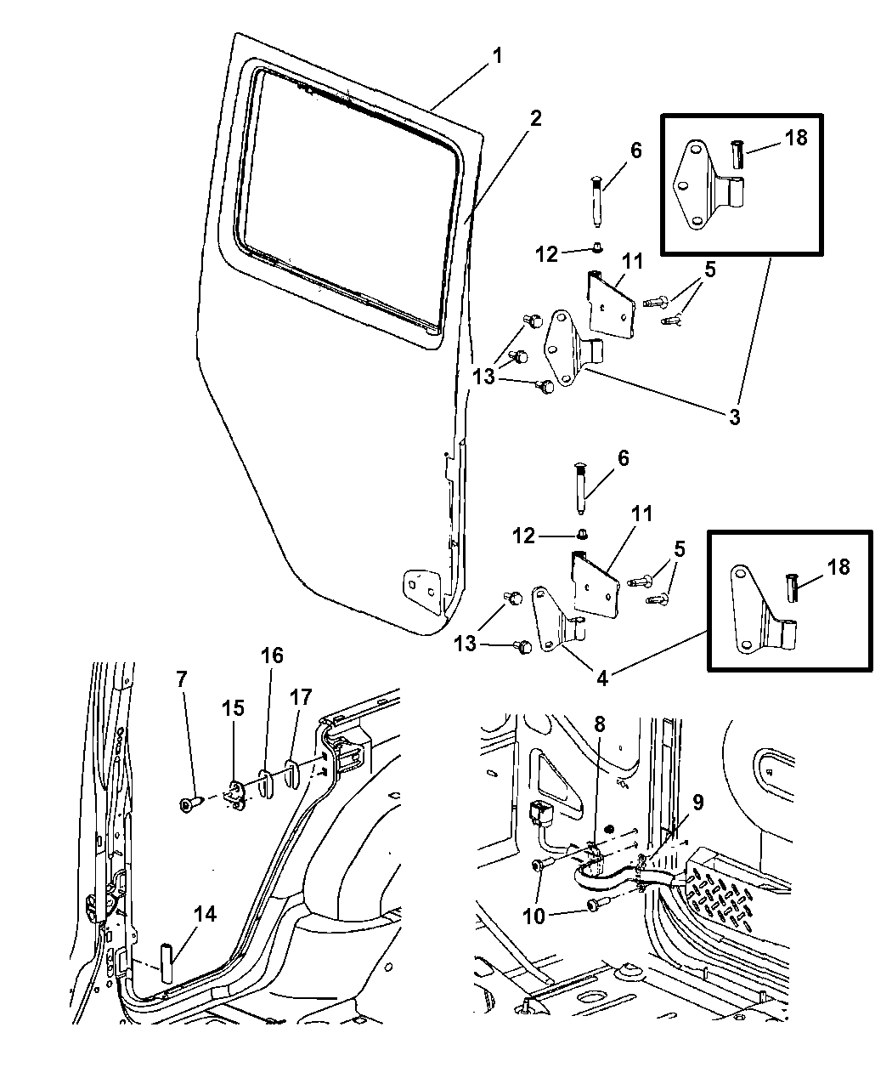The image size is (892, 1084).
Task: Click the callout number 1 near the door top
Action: tap(497, 55)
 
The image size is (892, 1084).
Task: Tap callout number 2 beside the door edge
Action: tap(535, 118)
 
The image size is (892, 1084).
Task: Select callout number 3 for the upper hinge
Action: tap(734, 417)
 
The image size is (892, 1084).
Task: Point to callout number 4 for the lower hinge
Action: tap(601, 678)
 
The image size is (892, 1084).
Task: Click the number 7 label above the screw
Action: tap(181, 679)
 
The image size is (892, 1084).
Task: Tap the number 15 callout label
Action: tap(233, 707)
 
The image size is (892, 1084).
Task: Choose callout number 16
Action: tap(272, 656)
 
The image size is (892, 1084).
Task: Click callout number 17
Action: tap(301, 697)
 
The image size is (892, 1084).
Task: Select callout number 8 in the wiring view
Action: tap(599, 725)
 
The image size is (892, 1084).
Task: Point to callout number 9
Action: tap(698, 803)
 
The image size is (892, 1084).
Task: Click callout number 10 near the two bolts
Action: tap(534, 917)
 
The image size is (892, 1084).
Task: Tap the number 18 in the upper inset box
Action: tap(796, 138)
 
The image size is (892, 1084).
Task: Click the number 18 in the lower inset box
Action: tap(838, 567)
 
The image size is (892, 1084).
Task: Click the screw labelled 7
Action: tap(189, 804)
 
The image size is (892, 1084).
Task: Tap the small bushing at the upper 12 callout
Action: tap(598, 248)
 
